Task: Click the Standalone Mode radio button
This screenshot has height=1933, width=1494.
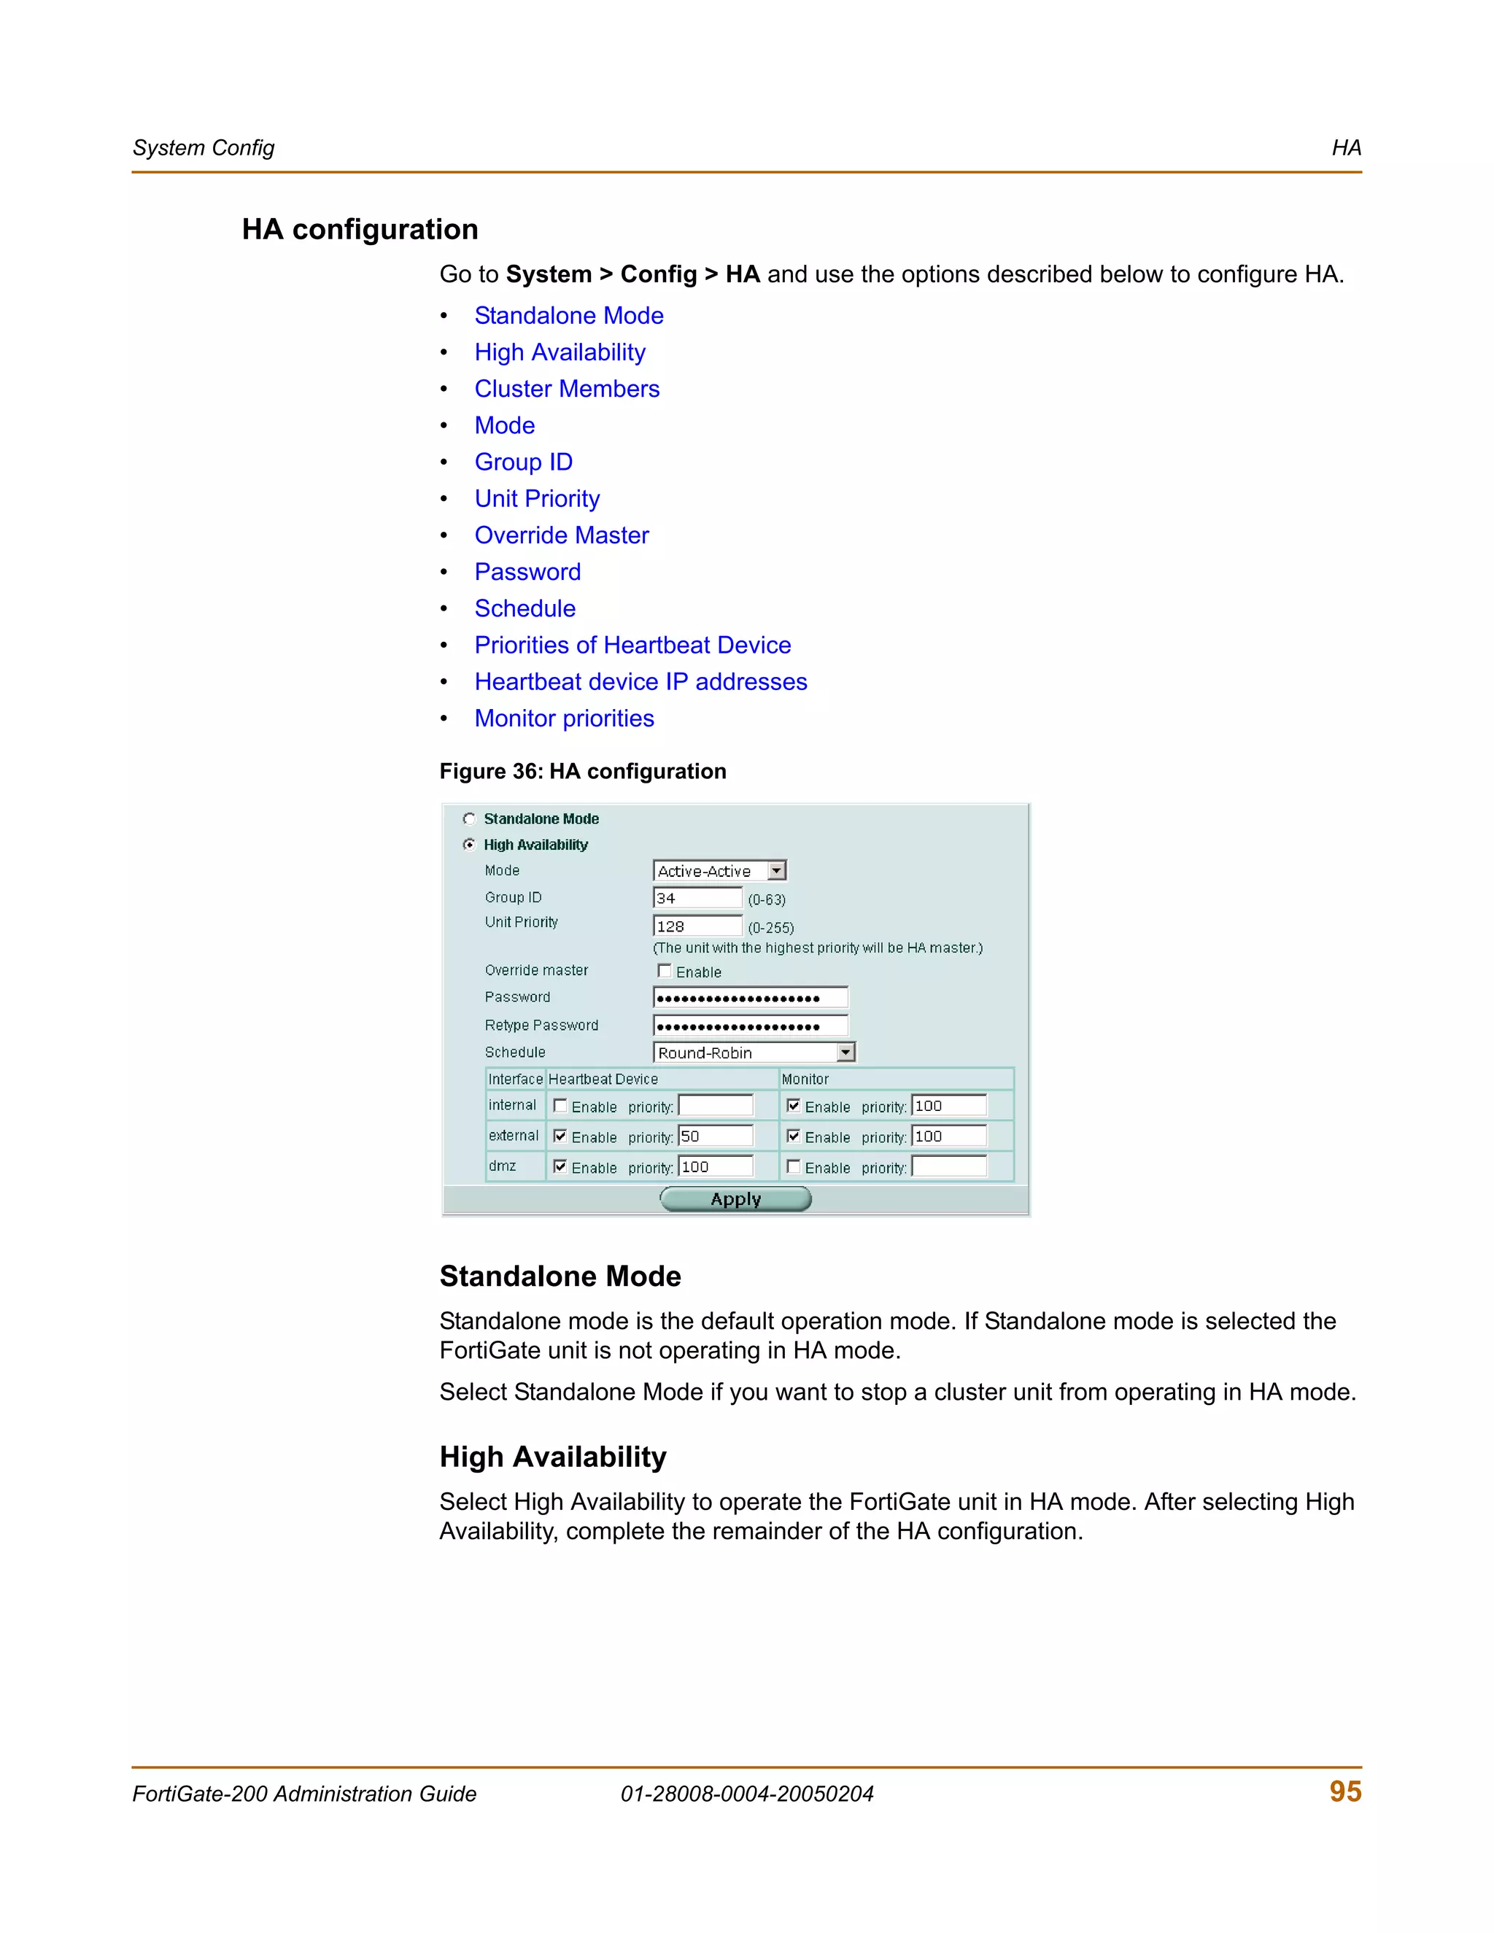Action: tap(470, 818)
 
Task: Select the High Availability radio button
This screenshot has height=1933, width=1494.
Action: tap(470, 845)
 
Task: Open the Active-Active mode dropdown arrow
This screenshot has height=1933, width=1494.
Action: tap(776, 871)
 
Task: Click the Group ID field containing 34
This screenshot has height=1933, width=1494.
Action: tap(697, 899)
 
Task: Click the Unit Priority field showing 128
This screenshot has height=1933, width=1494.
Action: tap(697, 926)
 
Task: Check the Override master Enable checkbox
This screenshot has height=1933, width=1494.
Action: tap(665, 971)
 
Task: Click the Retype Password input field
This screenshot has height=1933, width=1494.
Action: tap(751, 1026)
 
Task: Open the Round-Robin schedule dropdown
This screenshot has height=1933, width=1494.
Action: tap(846, 1053)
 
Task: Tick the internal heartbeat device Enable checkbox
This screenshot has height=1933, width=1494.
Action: tap(560, 1105)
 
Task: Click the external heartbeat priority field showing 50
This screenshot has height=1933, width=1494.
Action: tap(715, 1136)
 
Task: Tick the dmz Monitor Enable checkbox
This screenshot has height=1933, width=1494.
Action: tap(794, 1166)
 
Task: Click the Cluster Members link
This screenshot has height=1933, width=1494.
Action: tap(566, 389)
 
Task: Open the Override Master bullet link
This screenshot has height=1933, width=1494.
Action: tap(561, 535)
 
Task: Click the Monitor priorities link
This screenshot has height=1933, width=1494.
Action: tap(564, 718)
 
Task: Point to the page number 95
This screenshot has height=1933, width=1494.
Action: tap(1345, 1791)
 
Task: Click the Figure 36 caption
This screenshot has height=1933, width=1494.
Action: tap(582, 772)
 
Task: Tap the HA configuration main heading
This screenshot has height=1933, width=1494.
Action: tap(360, 229)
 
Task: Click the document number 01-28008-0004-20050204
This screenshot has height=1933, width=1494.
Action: tap(747, 1794)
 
